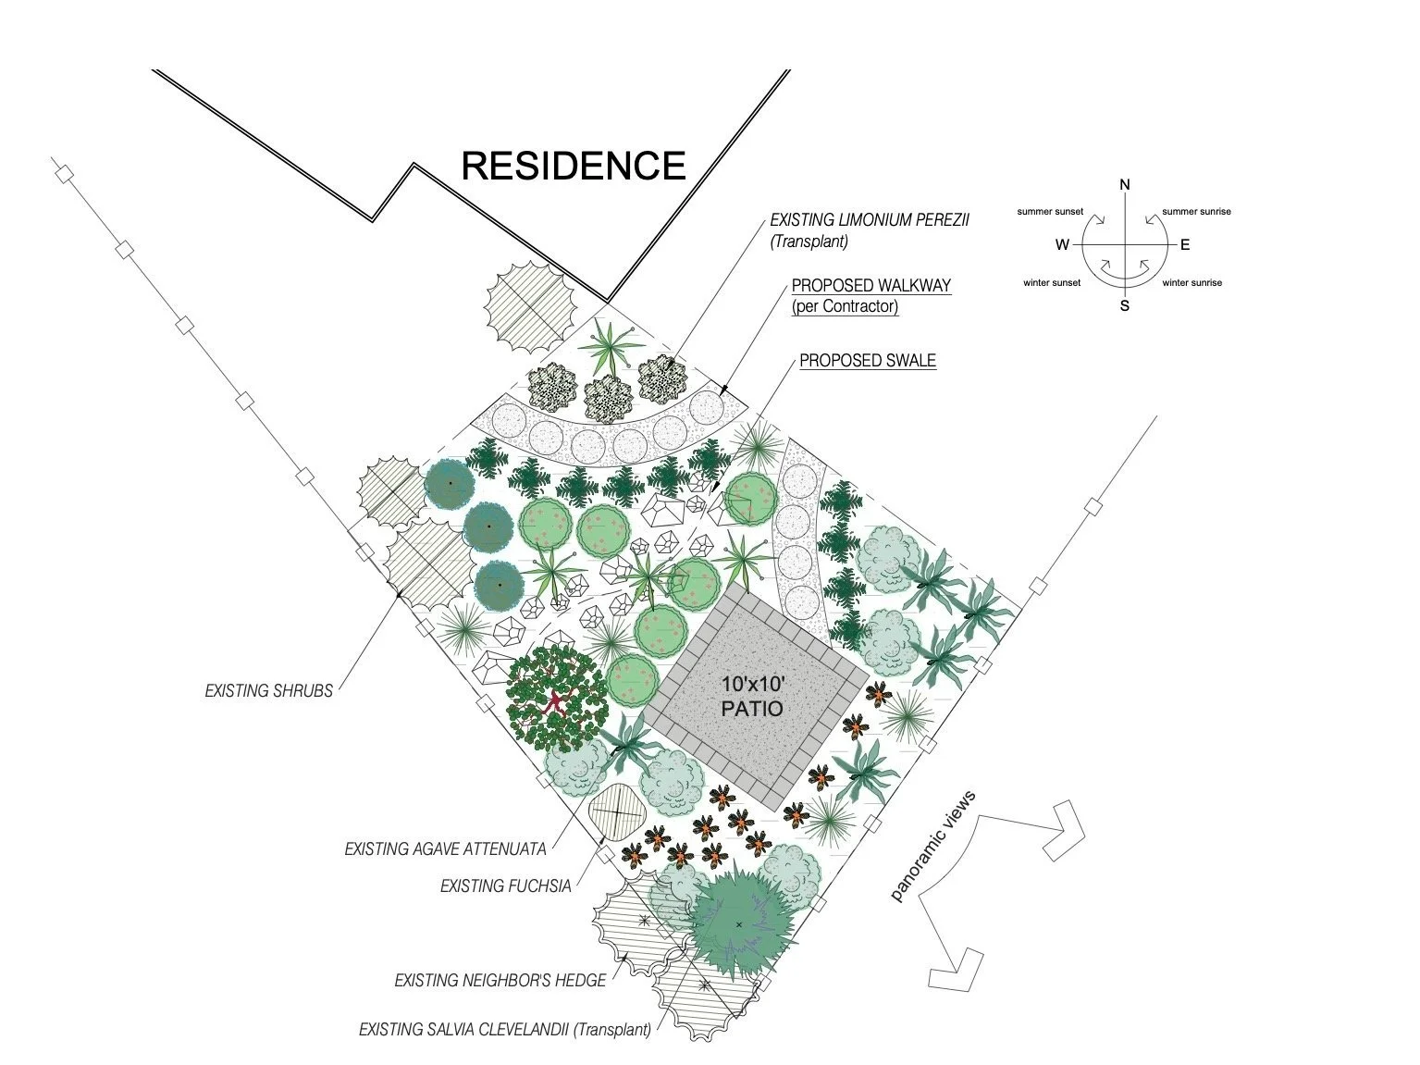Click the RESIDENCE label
(x=573, y=166)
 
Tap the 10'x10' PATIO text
(x=753, y=697)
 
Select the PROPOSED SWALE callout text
(x=867, y=361)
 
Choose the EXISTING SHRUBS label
(x=268, y=690)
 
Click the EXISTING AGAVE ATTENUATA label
(x=445, y=848)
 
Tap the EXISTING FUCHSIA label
(x=505, y=886)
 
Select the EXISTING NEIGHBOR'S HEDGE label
(x=500, y=981)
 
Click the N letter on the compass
(x=1125, y=185)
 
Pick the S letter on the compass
(x=1125, y=306)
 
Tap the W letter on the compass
(x=1061, y=245)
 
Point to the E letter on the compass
(x=1185, y=245)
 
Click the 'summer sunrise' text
(x=1196, y=212)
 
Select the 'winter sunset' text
(x=1051, y=283)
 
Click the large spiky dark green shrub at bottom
(x=739, y=923)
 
